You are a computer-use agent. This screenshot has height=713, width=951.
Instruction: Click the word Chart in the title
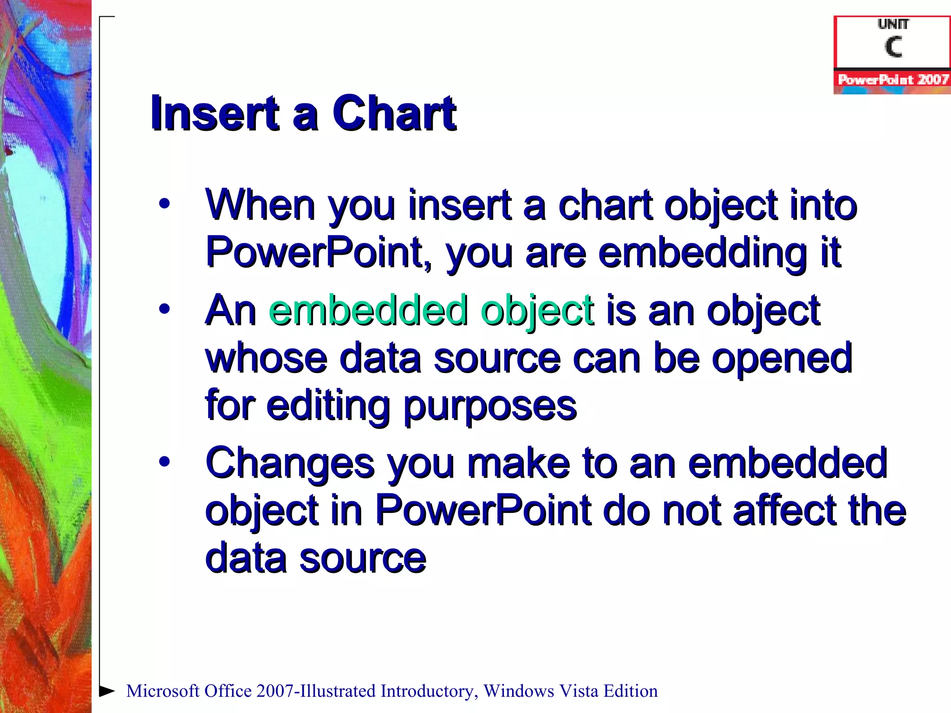[394, 113]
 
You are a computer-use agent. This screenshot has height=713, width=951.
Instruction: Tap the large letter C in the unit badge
[893, 46]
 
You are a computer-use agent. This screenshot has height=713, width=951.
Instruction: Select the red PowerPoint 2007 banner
[892, 79]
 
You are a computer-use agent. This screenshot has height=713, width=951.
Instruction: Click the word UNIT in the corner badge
[893, 24]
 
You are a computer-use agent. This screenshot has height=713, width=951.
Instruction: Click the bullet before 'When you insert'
[164, 204]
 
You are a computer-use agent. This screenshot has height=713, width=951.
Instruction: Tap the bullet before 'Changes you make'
[164, 461]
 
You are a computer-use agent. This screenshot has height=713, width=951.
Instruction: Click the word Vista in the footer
[578, 691]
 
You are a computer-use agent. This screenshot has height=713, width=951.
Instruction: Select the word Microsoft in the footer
[163, 691]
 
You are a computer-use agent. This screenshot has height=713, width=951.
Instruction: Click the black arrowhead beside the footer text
[107, 691]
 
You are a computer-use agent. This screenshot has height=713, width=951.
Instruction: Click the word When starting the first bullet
[261, 205]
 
